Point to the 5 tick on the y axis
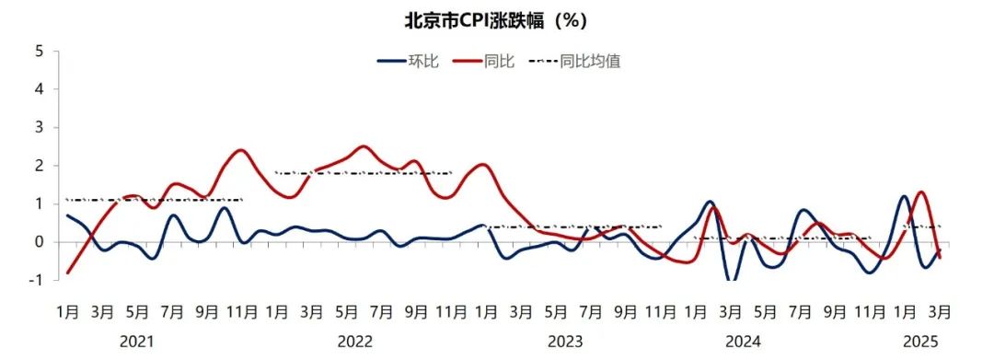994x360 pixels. click(x=40, y=51)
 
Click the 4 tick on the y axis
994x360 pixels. click(x=40, y=89)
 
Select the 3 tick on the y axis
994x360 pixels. click(x=40, y=127)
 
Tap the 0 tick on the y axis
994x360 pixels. click(x=40, y=242)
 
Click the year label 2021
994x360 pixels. click(x=136, y=342)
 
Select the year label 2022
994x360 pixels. click(x=355, y=342)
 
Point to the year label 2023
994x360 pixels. click(x=565, y=342)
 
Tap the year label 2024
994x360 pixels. click(x=742, y=342)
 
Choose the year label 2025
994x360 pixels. click(x=920, y=342)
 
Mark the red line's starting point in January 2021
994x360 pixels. click(x=68, y=273)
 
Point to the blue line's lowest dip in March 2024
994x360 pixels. click(x=733, y=280)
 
